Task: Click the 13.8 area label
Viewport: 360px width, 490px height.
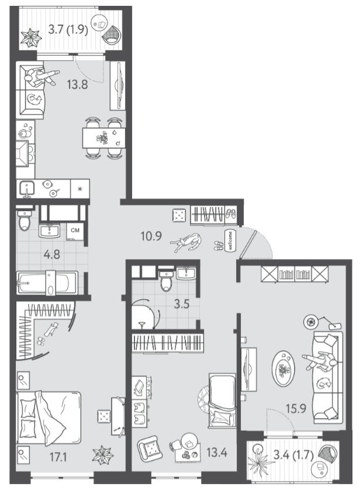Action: click(77, 84)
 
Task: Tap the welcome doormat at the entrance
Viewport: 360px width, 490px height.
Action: click(230, 240)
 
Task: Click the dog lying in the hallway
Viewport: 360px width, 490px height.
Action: click(186, 242)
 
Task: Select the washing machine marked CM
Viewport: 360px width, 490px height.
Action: click(75, 230)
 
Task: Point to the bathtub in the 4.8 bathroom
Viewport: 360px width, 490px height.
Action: click(47, 282)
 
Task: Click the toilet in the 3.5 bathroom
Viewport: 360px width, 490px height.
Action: click(166, 280)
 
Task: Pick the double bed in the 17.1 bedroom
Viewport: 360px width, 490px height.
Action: click(49, 417)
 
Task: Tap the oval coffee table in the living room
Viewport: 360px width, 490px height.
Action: click(283, 368)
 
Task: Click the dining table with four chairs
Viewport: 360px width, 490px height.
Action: click(103, 138)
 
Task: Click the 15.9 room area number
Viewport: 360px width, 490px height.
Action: click(296, 408)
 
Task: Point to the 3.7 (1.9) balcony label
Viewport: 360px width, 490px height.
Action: click(68, 30)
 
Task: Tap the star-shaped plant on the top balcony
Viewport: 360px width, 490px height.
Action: click(31, 37)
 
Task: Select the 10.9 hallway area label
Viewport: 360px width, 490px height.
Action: click(151, 236)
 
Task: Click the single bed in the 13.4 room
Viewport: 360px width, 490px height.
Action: click(222, 400)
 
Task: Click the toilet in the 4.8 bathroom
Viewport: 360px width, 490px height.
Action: click(24, 220)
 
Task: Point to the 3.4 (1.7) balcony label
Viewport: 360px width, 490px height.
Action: click(293, 455)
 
